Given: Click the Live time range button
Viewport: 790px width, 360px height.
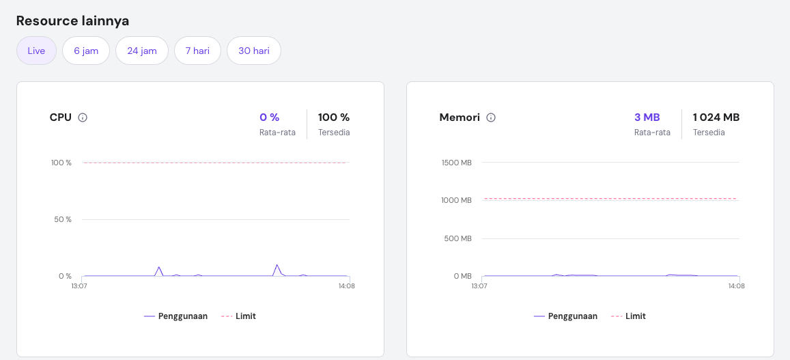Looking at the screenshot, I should click(x=36, y=51).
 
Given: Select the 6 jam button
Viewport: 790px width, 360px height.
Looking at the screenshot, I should click(x=86, y=51).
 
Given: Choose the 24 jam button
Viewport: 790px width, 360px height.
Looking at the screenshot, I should click(x=142, y=51).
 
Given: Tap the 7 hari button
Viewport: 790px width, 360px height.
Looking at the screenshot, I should click(x=197, y=51).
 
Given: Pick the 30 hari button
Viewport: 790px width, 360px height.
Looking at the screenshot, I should click(x=253, y=51).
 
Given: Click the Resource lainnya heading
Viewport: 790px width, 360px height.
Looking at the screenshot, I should click(x=72, y=20).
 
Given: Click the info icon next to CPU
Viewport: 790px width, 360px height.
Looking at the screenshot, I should click(x=83, y=117).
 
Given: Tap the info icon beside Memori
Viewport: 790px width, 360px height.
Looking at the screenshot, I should click(x=491, y=117).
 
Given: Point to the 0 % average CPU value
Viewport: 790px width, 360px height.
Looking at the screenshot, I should click(x=269, y=117).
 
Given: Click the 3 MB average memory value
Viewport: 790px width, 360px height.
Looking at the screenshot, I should click(x=647, y=117).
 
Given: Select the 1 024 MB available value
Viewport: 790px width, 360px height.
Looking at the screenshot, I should click(x=716, y=117).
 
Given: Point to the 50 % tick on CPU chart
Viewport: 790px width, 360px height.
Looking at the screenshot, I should click(x=61, y=219).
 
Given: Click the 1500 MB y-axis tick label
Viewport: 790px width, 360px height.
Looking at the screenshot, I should click(x=456, y=163).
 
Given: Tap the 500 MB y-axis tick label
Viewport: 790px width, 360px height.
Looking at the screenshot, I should click(x=457, y=238).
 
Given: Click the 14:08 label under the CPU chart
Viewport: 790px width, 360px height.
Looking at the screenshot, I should click(x=346, y=286).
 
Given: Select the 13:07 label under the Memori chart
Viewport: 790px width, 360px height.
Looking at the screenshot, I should click(x=479, y=286).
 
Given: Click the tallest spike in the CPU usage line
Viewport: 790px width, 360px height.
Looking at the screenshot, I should click(x=277, y=265).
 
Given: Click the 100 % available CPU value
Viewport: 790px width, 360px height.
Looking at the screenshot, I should click(x=334, y=117).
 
